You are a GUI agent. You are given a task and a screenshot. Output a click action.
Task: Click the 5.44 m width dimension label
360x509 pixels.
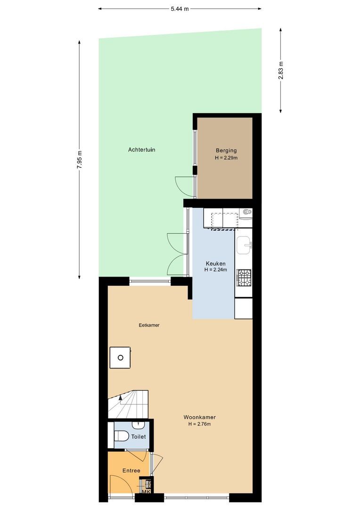180,8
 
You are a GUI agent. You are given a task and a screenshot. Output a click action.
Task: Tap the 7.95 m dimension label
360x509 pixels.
79,159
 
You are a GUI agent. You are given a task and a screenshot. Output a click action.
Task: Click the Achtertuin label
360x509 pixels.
141,149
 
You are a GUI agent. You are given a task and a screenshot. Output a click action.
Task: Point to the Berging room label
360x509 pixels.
226,151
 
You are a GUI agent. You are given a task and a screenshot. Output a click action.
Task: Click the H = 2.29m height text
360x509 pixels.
226,158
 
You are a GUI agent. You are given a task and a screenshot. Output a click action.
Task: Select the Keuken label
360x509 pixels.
215,263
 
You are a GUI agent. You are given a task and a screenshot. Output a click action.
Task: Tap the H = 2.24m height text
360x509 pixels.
215,270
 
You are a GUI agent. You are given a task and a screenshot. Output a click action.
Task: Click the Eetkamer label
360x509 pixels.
149,325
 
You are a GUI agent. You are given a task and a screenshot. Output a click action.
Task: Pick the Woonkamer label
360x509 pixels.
199,417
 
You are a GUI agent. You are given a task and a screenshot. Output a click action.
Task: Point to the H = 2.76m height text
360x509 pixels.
199,424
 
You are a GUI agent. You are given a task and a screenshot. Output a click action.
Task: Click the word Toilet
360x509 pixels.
139,437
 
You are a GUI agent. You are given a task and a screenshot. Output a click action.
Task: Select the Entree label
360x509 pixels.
131,471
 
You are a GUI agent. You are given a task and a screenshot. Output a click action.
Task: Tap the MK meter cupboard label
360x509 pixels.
146,492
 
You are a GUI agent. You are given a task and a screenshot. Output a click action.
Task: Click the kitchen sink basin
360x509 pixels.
244,244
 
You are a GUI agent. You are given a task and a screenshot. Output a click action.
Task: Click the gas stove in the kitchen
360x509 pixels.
244,278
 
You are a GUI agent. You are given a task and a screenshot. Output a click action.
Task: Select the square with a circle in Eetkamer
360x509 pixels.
121,358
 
